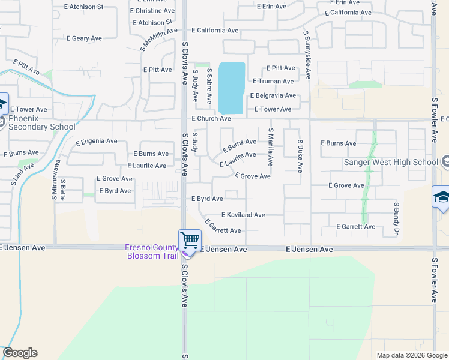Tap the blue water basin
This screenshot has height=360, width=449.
point(232,88)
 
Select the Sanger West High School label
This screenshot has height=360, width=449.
point(391,162)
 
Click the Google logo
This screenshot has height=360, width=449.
point(20,353)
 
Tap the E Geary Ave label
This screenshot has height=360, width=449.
point(85,38)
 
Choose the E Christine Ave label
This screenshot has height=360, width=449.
point(152,11)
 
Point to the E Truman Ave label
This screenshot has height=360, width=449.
point(273,81)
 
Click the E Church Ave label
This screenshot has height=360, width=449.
point(211,119)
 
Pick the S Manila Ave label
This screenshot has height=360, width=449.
point(271,147)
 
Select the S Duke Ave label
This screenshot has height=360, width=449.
point(300,155)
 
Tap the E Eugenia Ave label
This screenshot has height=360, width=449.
point(97,142)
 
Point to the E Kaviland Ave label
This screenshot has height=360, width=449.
point(243,215)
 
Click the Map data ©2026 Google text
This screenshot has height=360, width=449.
point(411,355)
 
